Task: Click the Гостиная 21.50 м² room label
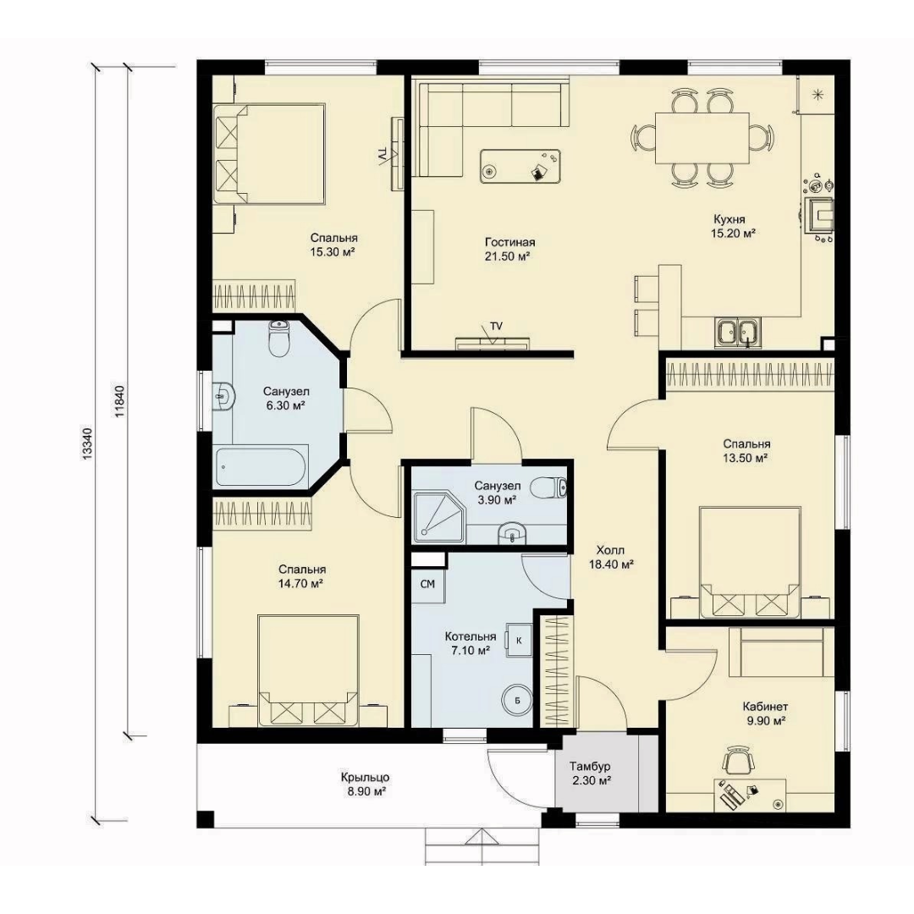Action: [x=509, y=249]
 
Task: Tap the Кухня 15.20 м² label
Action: [x=733, y=226]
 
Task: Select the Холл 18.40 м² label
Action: [x=611, y=557]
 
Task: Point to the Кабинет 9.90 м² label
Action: [x=765, y=713]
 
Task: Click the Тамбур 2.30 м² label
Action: [x=591, y=773]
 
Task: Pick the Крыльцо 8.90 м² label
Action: [x=365, y=784]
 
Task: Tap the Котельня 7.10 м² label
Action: [x=470, y=643]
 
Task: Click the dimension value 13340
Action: [x=87, y=445]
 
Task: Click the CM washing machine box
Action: [x=428, y=584]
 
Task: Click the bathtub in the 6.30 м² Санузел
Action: [x=262, y=466]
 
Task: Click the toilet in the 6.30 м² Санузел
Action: [x=279, y=338]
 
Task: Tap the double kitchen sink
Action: [x=737, y=333]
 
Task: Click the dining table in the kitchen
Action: [x=702, y=139]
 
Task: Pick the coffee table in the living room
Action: [x=520, y=166]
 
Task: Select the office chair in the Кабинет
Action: [x=740, y=760]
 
